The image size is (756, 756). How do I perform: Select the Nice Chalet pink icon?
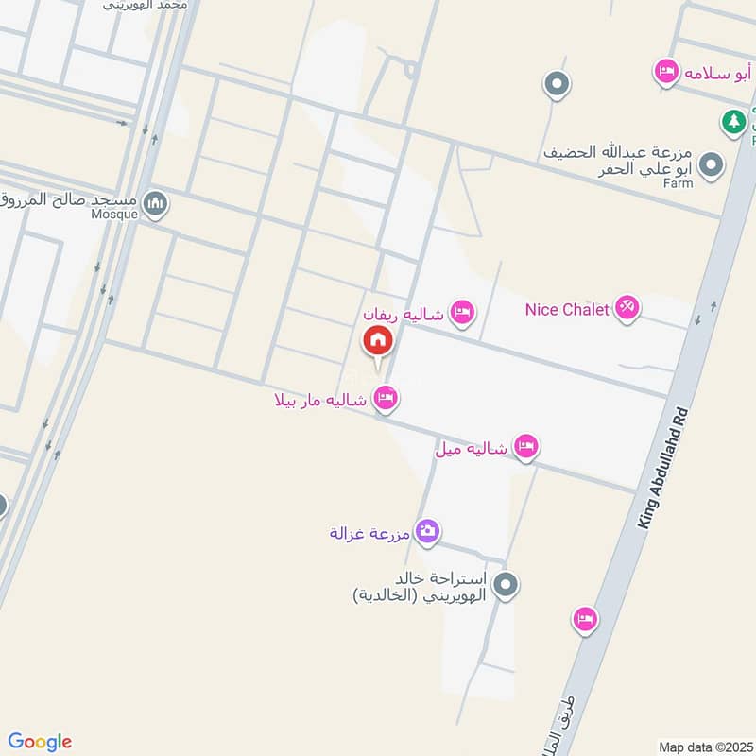627,308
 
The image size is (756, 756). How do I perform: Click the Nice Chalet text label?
566,309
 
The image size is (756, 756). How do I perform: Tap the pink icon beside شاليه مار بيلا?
385,400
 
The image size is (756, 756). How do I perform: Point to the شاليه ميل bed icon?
526,447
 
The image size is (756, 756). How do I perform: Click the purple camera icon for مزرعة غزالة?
427,532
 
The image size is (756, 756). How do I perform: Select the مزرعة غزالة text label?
369,533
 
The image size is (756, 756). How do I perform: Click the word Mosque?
115,214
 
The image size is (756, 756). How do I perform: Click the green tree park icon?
732,121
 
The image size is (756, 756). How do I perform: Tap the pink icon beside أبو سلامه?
666,72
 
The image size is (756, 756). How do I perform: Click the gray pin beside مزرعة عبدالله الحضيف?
712,165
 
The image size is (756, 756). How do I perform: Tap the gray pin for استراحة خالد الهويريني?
507,586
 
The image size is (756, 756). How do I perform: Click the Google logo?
39,741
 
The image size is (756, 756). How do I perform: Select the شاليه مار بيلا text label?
320,401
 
